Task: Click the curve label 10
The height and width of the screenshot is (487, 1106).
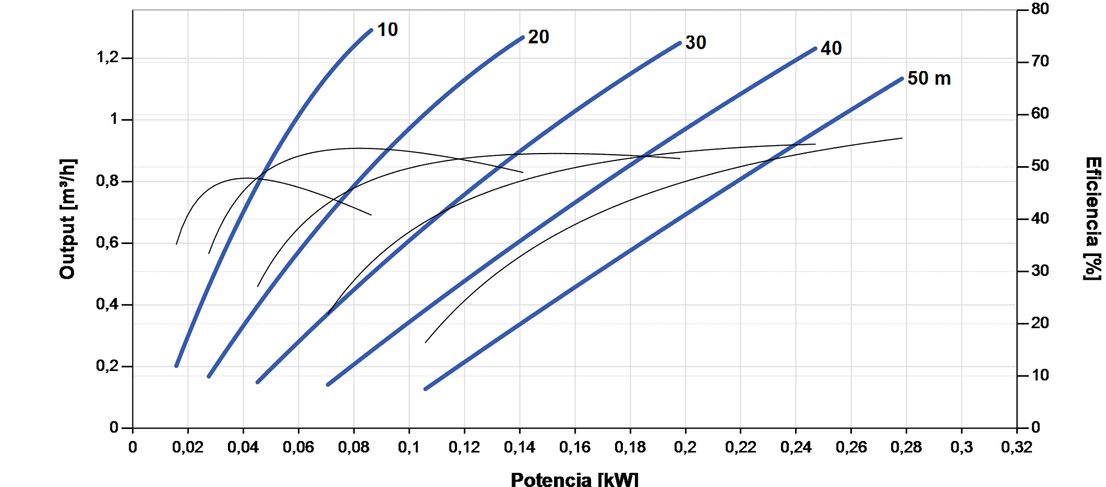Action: (388, 30)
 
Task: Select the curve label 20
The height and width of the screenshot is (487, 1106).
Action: (538, 37)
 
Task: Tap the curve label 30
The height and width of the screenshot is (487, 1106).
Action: (695, 43)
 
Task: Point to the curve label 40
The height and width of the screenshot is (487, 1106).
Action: (831, 48)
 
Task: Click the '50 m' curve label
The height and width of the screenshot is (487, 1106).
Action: (929, 79)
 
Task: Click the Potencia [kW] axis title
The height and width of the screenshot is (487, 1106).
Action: (574, 479)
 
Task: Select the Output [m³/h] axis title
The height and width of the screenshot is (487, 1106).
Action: (68, 219)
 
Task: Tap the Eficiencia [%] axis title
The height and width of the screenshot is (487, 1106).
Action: (1092, 219)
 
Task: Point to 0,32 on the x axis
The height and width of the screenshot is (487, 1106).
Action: (1016, 447)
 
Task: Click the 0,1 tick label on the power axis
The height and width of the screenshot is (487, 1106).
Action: (409, 447)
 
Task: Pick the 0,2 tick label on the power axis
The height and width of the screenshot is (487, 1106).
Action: (685, 447)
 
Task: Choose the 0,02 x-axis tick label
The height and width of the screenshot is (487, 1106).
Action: (188, 447)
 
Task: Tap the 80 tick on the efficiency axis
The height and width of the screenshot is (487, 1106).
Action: (1040, 9)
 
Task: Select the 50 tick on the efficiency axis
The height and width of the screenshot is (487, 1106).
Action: (1040, 166)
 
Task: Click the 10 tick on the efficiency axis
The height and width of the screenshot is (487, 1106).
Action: (1040, 375)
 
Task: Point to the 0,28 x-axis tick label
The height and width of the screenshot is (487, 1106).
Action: (906, 447)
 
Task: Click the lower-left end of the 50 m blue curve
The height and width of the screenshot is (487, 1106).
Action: (426, 389)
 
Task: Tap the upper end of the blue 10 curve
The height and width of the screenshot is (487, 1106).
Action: (371, 30)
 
